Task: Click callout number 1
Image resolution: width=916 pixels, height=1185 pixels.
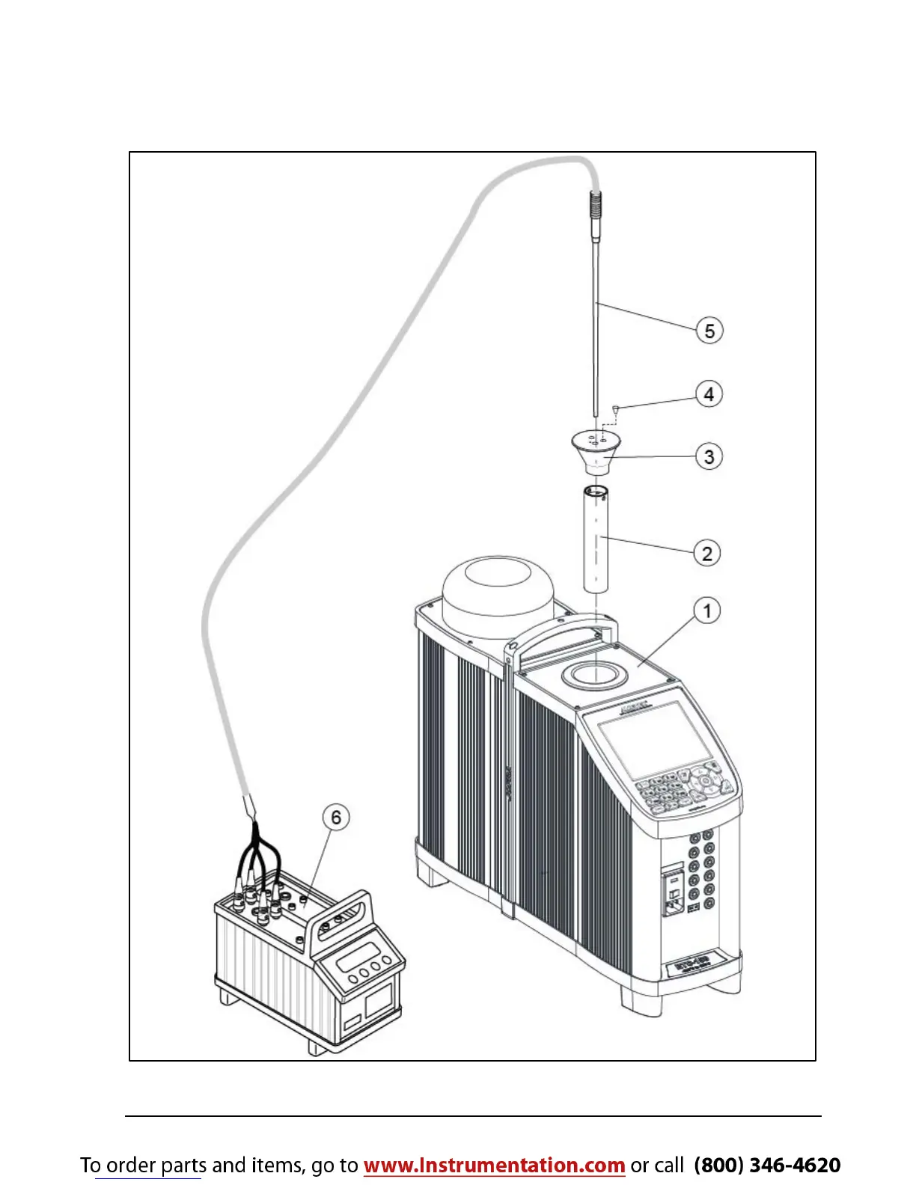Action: (707, 610)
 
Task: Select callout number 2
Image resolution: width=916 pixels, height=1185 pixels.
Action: (706, 554)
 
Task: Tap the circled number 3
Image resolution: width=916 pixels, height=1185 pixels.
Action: (709, 456)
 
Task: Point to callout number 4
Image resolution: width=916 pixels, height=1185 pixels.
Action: (709, 394)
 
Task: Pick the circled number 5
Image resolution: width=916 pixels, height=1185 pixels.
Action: (709, 331)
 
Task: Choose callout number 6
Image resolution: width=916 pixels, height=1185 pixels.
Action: (336, 818)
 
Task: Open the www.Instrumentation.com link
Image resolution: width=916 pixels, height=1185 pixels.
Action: (494, 1165)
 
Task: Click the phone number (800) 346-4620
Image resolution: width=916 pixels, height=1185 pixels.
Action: (767, 1165)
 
